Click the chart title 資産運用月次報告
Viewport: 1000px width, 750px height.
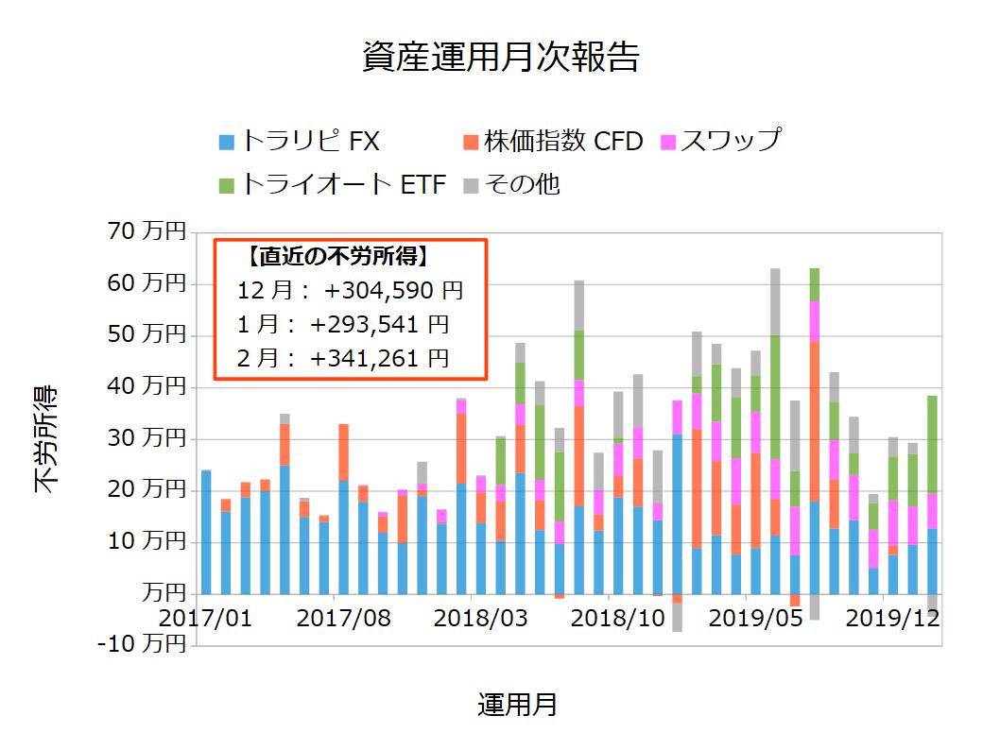[x=500, y=58]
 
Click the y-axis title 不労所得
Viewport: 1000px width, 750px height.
[x=46, y=439]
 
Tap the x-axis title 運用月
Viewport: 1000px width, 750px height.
[x=517, y=705]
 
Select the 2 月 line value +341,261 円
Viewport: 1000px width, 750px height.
[x=379, y=358]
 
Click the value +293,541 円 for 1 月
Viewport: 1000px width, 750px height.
[x=379, y=324]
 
